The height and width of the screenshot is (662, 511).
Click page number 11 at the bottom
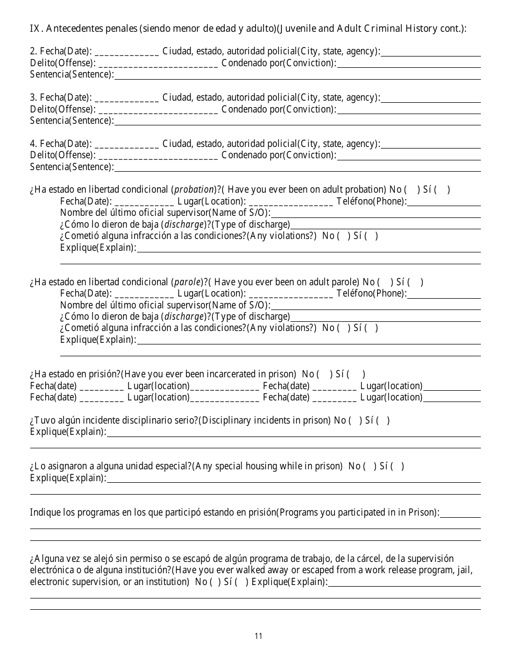tap(258, 636)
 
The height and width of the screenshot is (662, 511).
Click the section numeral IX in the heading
tap(34, 29)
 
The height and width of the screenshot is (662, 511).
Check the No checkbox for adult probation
tap(411, 189)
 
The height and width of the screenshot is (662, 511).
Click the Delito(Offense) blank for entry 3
tap(158, 110)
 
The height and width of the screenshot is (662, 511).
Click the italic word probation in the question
tap(194, 189)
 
